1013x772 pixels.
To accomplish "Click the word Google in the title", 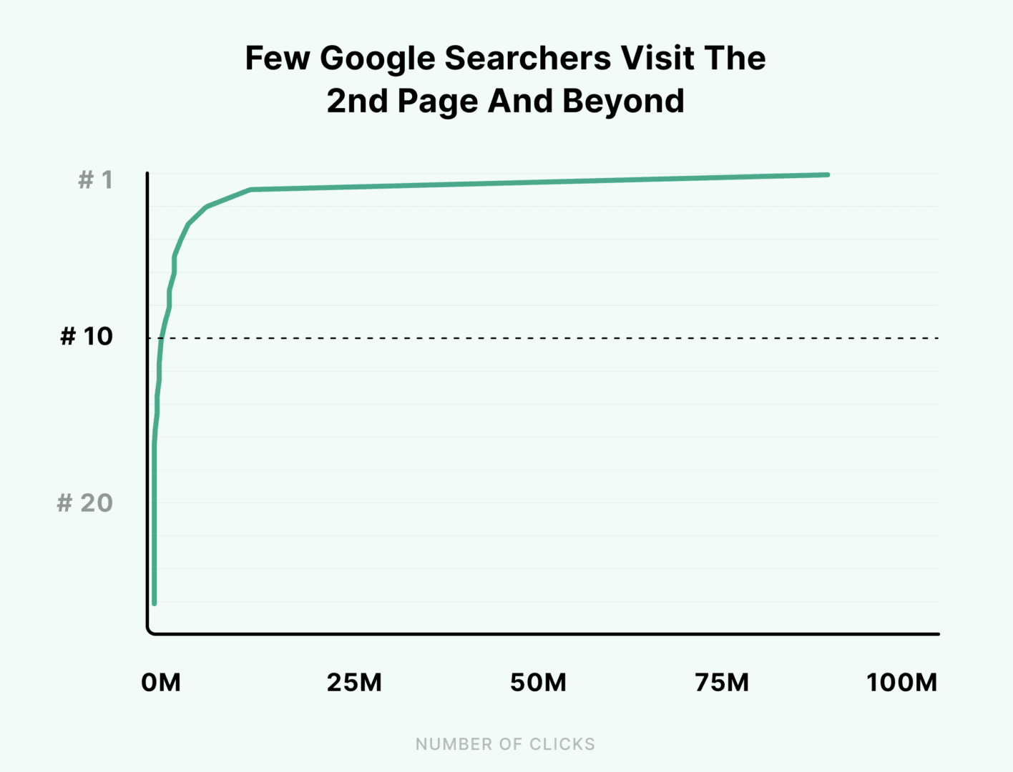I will coord(377,59).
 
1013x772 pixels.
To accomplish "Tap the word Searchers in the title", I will coord(528,59).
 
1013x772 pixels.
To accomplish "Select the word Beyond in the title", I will coord(623,102).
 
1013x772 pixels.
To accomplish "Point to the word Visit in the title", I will coord(657,59).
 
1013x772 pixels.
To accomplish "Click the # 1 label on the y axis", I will coord(95,179).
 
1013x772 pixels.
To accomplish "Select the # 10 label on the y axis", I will coord(87,336).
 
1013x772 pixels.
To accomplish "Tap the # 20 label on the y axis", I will coord(85,503).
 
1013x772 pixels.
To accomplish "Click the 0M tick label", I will coord(161,683).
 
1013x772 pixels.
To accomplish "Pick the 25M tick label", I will coord(354,683).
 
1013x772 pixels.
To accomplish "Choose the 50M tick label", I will coord(538,683).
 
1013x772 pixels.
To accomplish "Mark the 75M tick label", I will coord(722,683).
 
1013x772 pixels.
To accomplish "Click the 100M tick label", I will coord(901,683).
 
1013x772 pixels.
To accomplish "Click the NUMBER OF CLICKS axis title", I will coord(505,744).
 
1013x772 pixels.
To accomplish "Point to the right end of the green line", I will coord(828,174).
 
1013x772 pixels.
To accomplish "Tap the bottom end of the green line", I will coord(155,603).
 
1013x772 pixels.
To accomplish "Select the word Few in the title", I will coord(277,59).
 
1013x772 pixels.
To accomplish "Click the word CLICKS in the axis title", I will coord(562,744).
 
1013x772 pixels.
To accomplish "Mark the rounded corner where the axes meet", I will coord(150,631).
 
